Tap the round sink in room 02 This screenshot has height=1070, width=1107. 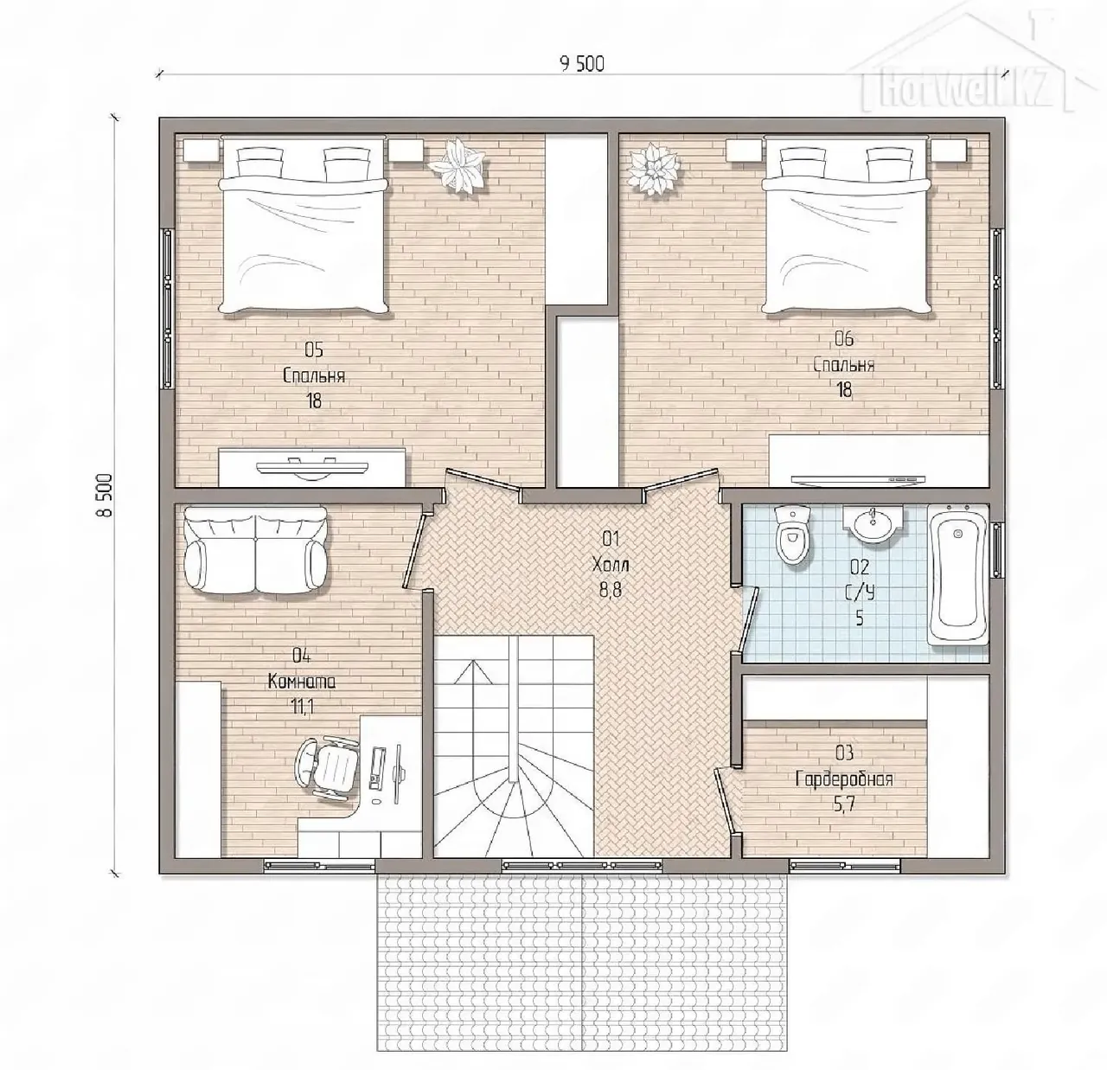coord(873,522)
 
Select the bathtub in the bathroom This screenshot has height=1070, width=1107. coord(957,575)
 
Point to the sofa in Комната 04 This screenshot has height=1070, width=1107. coord(256,550)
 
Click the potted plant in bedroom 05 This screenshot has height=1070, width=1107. coord(458,167)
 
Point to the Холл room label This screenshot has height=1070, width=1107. coord(611,565)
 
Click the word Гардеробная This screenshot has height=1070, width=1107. coord(844,778)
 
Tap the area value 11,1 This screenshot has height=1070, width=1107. coord(302,707)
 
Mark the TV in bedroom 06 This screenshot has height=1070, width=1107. coord(858,479)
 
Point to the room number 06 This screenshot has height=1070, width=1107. coord(844,338)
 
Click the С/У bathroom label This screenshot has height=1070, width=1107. coord(860,592)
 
